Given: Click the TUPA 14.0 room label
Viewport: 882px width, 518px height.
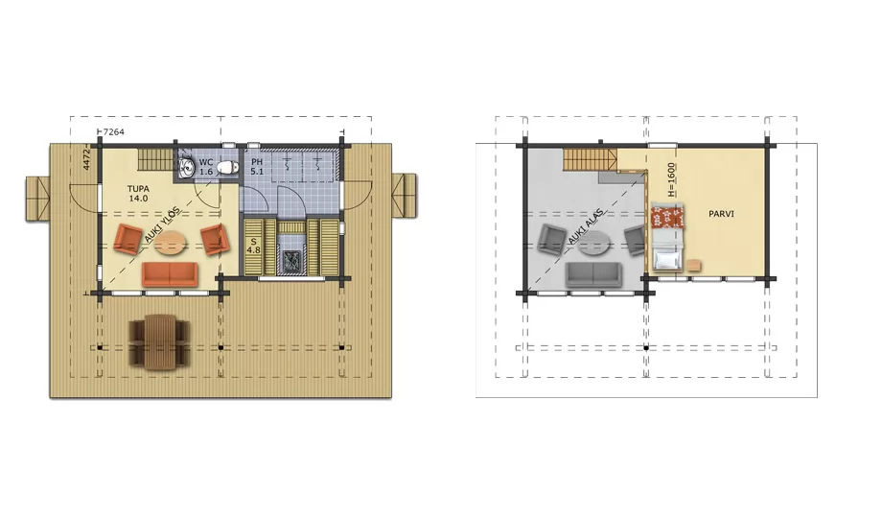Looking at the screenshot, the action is (x=138, y=194).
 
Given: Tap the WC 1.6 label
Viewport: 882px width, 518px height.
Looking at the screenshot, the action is (x=206, y=167).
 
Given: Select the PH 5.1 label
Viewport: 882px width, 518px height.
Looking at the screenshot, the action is (x=257, y=167).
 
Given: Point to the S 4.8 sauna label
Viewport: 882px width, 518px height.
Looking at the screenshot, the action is (x=254, y=246).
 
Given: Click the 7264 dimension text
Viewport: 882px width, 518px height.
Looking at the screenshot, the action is (x=114, y=131).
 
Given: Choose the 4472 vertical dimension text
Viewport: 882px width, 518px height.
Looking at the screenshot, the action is (x=86, y=159).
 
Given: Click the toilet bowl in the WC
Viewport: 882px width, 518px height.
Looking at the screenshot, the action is (x=226, y=167).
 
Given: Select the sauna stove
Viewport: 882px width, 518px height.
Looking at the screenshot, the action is (x=292, y=262).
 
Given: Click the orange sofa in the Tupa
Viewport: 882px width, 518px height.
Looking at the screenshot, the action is (x=170, y=274).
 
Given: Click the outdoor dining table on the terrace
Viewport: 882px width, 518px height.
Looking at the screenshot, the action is (x=158, y=341).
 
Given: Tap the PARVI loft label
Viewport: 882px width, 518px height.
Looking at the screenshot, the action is (x=721, y=214).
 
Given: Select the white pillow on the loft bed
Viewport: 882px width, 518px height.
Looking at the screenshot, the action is (x=667, y=260).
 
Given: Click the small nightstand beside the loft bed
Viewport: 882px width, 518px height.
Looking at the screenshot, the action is (x=693, y=265).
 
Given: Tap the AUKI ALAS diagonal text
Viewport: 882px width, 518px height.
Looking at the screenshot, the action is (x=586, y=226).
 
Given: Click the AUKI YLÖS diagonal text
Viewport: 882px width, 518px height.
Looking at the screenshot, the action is (x=162, y=224).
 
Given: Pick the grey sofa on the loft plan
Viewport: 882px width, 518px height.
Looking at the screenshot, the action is (x=594, y=274).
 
